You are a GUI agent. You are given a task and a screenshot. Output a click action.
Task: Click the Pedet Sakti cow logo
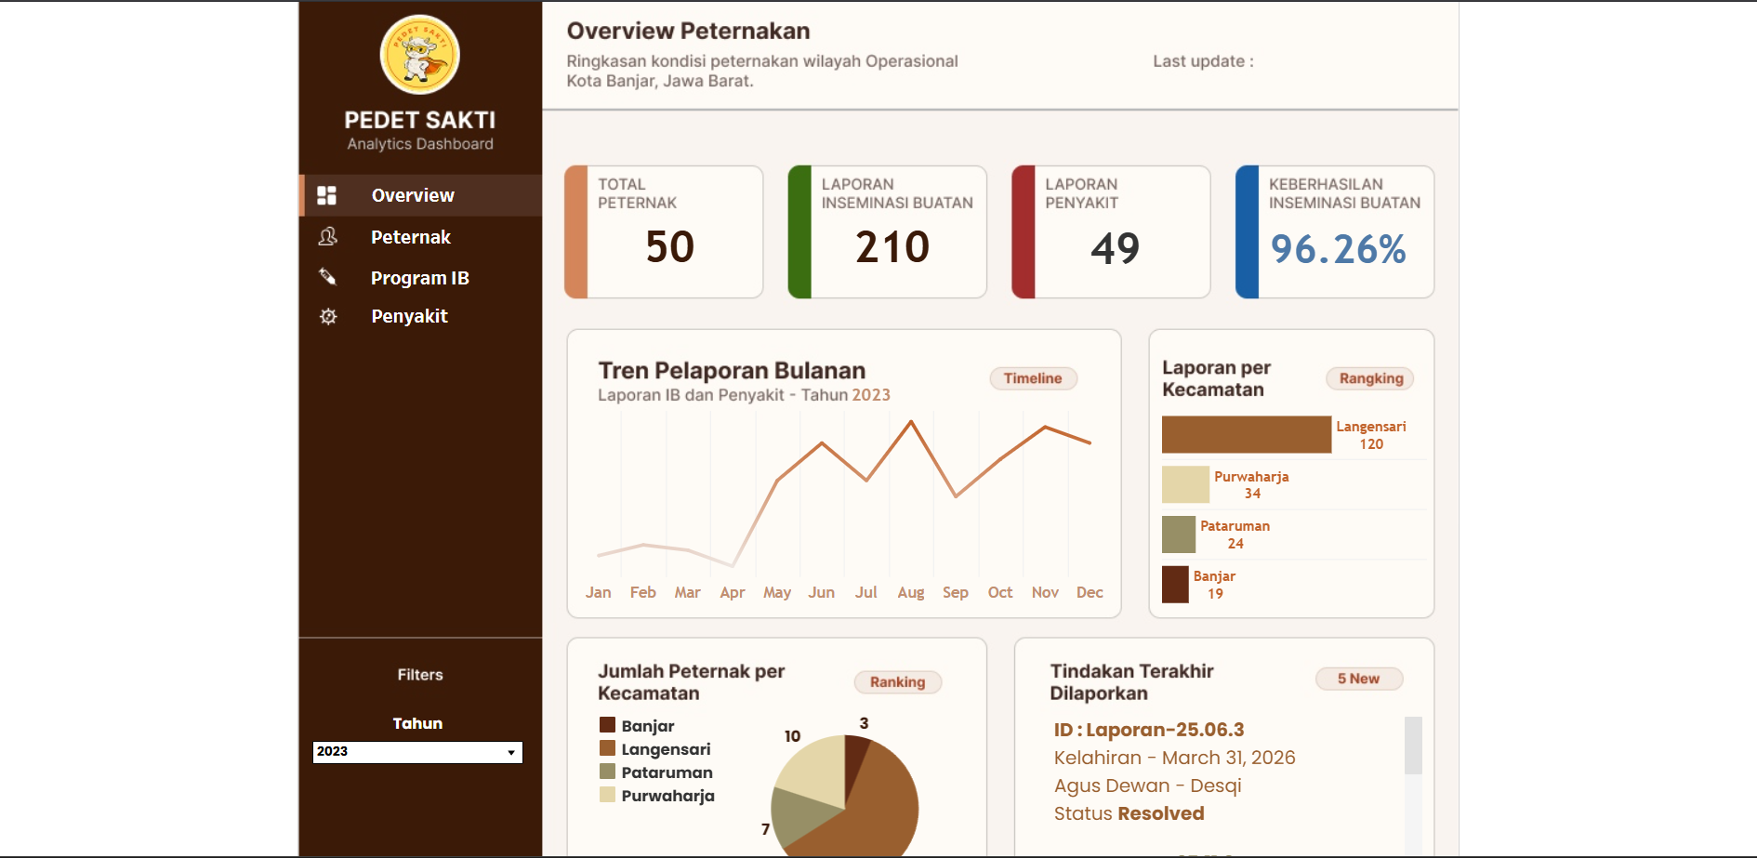(420, 55)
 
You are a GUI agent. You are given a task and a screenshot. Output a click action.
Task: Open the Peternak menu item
(411, 237)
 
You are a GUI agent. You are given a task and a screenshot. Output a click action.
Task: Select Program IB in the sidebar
(420, 278)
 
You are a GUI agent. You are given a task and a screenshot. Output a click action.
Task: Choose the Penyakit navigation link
(409, 316)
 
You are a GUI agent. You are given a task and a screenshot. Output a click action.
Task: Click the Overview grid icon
(326, 195)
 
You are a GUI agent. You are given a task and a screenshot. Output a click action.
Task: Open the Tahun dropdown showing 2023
(417, 752)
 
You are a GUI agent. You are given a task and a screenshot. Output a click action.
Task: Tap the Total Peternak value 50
(670, 247)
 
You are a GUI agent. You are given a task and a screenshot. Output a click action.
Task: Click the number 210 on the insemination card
(892, 247)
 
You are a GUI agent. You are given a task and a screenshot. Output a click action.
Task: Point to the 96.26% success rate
(1338, 249)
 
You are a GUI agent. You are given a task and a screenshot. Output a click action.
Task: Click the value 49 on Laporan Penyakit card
(1116, 248)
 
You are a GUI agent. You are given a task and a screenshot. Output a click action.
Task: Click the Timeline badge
(1033, 378)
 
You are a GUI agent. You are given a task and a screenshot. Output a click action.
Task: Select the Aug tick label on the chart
(911, 592)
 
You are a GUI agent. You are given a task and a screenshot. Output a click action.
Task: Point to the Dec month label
(1090, 592)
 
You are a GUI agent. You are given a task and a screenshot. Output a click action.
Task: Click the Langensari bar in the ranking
(1247, 435)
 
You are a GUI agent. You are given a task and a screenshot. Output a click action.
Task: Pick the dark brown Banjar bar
(1175, 585)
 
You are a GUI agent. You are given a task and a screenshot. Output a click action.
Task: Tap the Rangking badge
(1371, 378)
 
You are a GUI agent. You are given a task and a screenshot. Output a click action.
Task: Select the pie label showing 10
(792, 736)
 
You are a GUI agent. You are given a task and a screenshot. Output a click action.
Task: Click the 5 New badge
(1358, 679)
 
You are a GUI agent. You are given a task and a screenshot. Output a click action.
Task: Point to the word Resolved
(1161, 813)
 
